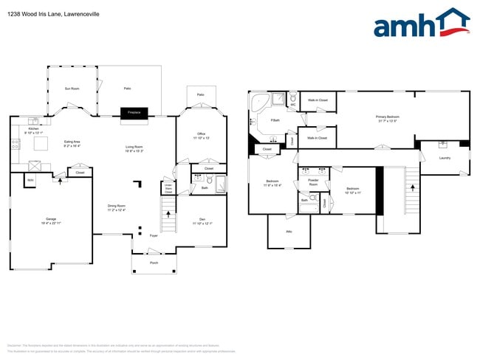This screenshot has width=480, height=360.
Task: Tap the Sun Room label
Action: [72, 89]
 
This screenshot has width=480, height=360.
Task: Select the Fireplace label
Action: [134, 112]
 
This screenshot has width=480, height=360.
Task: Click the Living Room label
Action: [134, 148]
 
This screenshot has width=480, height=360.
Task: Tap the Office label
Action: [202, 135]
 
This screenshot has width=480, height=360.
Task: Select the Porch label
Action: [154, 263]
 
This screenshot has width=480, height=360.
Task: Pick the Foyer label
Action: [154, 235]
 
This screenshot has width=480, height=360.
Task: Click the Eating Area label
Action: [72, 143]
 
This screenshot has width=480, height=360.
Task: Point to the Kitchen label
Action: [33, 130]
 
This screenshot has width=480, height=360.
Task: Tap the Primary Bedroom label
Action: [387, 117]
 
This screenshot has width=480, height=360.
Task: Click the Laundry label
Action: [445, 158]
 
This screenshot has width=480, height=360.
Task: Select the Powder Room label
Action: [313, 182]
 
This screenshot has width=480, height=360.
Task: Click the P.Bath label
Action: [275, 120]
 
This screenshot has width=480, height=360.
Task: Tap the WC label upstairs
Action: [293, 104]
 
